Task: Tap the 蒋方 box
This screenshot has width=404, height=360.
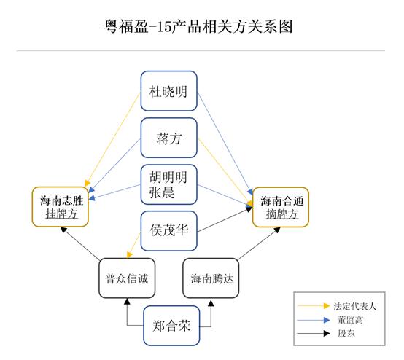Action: pyautogui.click(x=169, y=138)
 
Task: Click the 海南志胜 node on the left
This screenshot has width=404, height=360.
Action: pyautogui.click(x=61, y=200)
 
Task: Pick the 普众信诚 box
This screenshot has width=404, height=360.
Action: pyautogui.click(x=126, y=278)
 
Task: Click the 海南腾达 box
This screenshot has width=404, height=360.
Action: pyautogui.click(x=211, y=278)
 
